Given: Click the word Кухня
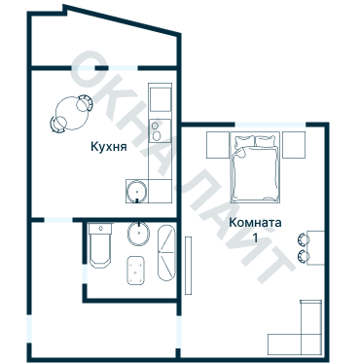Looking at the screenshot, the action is tap(108, 147).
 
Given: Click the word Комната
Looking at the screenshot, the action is tap(255, 223).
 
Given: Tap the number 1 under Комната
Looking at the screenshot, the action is tap(256, 238).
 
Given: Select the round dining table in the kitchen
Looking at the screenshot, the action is tap(71, 114).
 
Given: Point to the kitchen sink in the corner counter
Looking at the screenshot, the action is tap(137, 192).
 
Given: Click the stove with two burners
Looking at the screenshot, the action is tap(160, 130).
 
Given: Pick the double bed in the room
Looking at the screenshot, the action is tap(255, 167).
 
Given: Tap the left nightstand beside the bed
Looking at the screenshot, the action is tap(218, 145).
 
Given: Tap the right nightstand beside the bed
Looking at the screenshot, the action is tap(294, 145).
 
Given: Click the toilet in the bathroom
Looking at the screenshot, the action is tap(100, 245).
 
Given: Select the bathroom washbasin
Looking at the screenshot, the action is tap(139, 234).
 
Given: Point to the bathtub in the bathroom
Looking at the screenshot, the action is tap(166, 253).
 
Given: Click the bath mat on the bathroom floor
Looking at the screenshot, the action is tap(135, 271).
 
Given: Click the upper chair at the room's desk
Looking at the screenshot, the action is tap(304, 239).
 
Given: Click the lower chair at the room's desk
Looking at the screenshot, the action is tap(304, 256).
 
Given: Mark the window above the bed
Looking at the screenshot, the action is tap(270, 125).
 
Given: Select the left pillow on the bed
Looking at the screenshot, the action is tap(244, 142).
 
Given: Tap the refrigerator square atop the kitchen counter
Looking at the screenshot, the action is tap(160, 99).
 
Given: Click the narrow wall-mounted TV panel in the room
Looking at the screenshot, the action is tap(188, 266).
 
